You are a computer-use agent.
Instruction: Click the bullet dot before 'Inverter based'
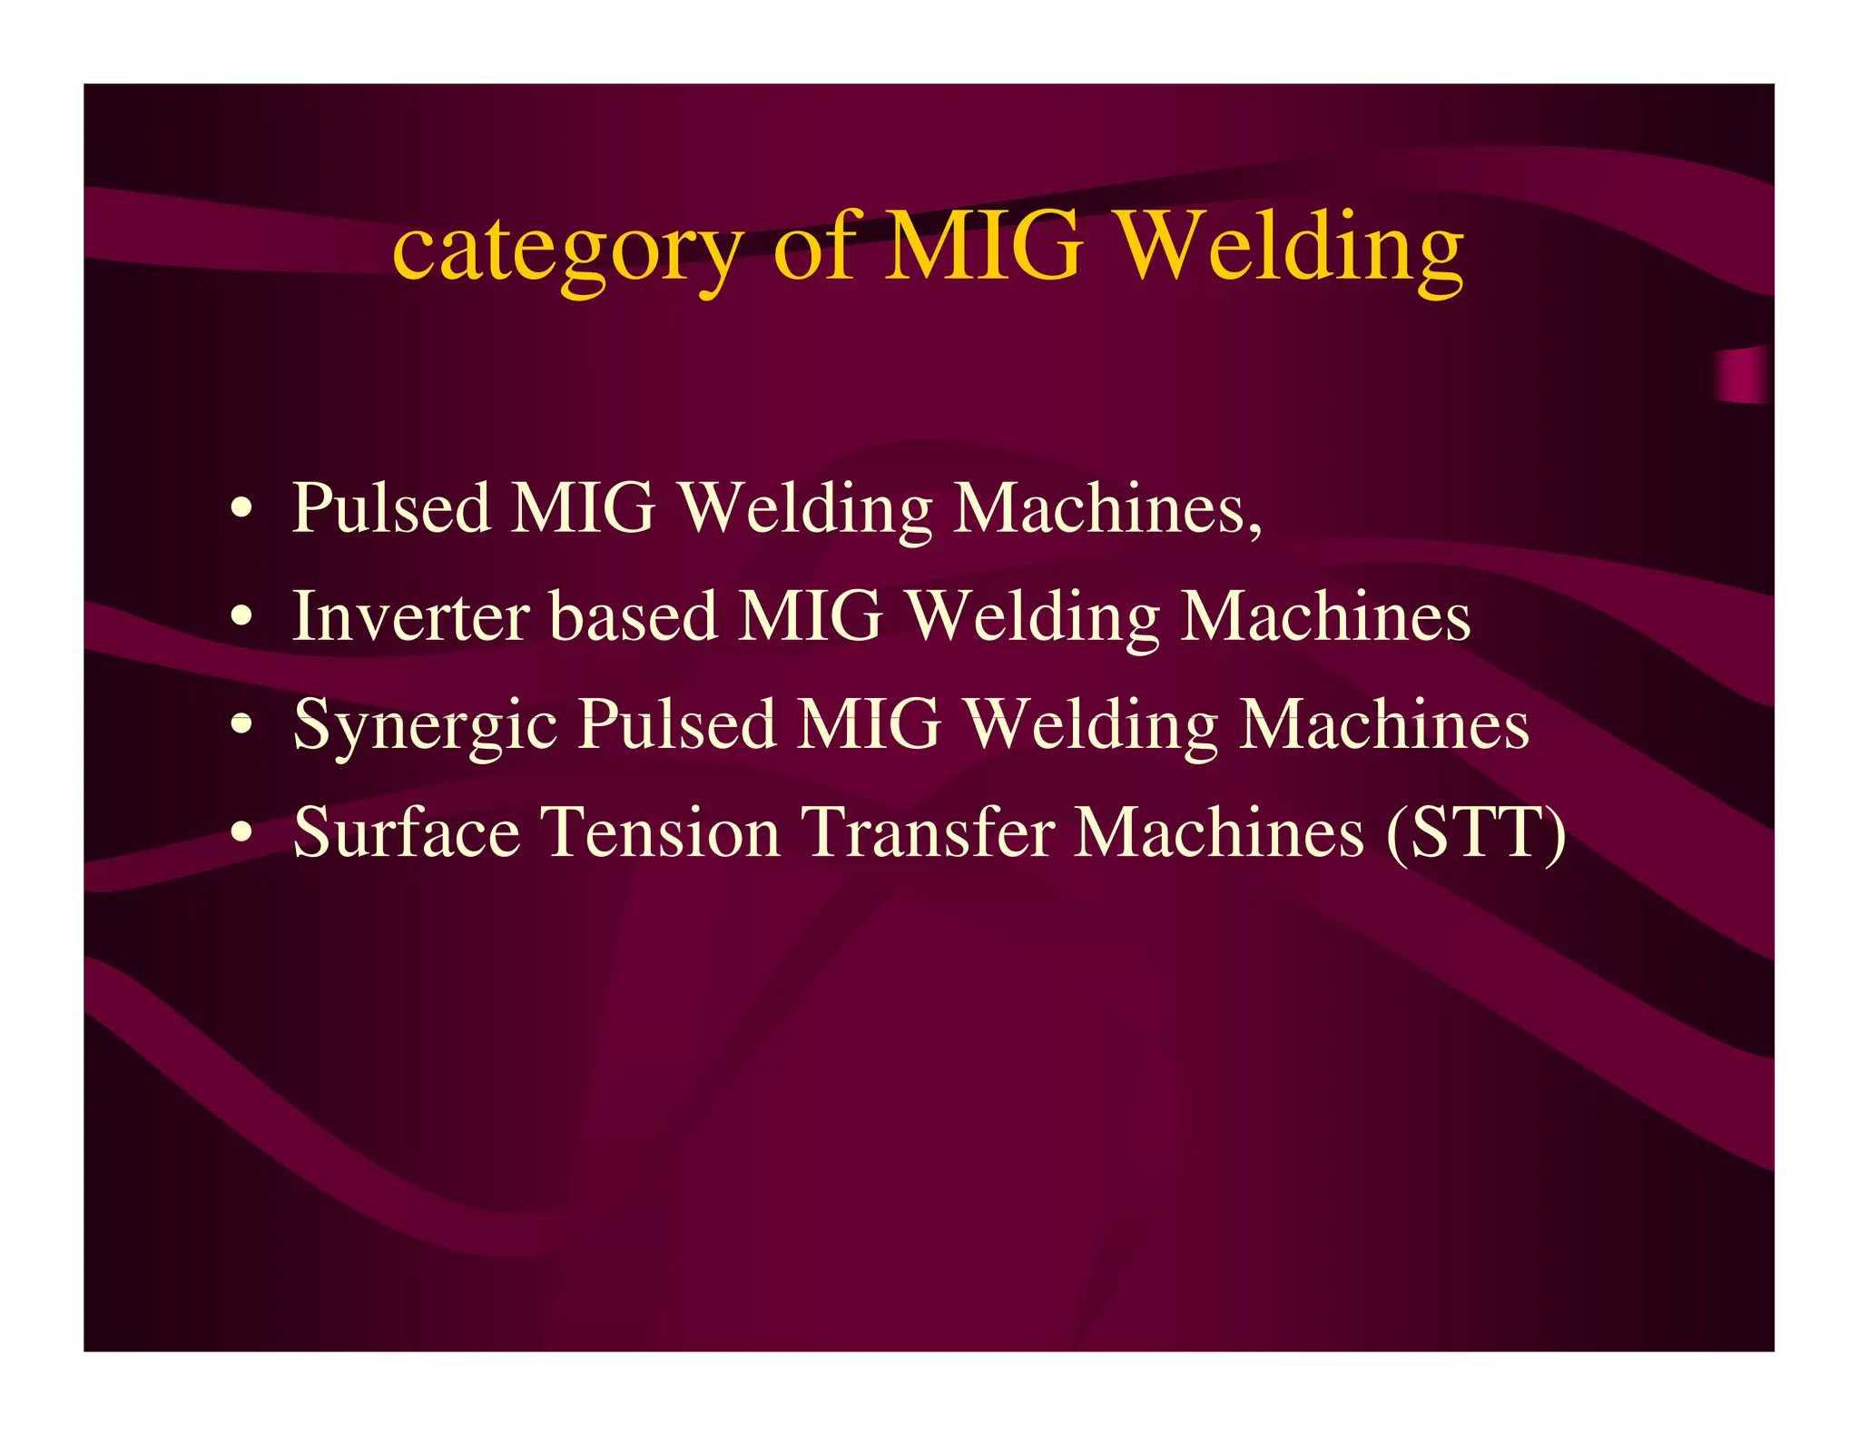(x=241, y=617)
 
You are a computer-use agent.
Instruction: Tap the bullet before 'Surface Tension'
(x=241, y=832)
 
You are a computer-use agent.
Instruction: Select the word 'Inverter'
(x=410, y=617)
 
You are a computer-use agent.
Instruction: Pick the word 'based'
(x=634, y=617)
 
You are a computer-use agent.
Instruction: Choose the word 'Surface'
(x=407, y=832)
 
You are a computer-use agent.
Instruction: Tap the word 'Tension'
(x=661, y=832)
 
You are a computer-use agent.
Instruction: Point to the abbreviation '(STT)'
(x=1476, y=832)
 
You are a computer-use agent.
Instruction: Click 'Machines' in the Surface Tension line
(x=1218, y=832)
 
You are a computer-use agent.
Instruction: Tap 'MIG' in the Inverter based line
(x=811, y=617)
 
